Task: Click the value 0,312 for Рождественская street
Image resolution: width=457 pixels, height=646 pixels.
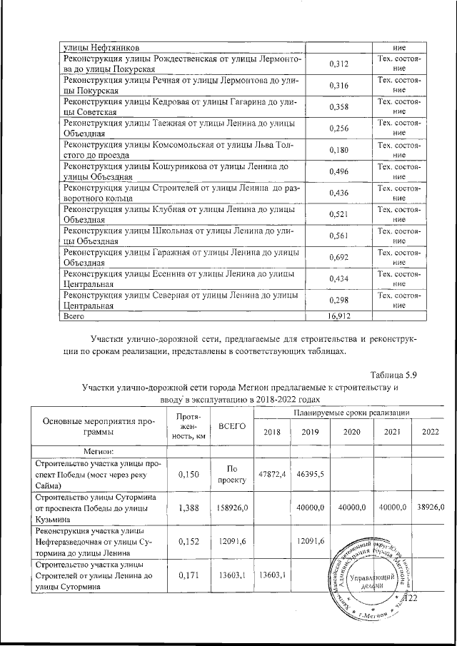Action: point(338,64)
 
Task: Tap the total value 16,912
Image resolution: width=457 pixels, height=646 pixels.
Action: point(338,314)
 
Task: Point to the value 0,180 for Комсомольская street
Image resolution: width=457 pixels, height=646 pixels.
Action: point(338,151)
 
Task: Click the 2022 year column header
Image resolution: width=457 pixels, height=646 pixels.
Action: point(430,433)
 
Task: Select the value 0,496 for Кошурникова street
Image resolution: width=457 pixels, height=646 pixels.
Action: point(338,173)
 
